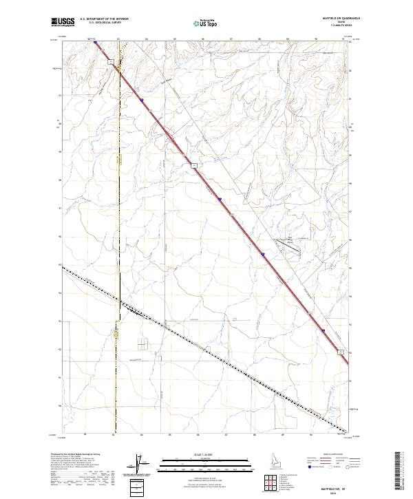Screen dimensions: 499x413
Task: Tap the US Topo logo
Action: (x=206, y=23)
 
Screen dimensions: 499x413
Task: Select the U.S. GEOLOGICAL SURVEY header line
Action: (x=103, y=23)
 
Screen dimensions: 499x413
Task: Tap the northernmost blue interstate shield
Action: (x=141, y=100)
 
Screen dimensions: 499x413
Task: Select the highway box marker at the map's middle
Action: (x=195, y=165)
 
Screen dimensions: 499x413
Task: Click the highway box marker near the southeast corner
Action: (x=339, y=351)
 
